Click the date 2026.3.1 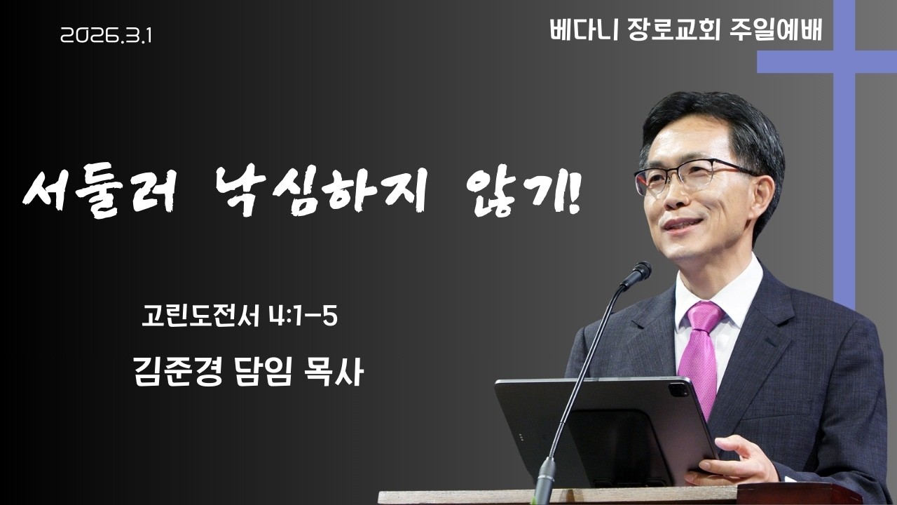pyautogui.click(x=106, y=36)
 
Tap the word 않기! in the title pyautogui.click(x=519, y=189)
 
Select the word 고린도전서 pyautogui.click(x=202, y=316)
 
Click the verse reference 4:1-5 pyautogui.click(x=303, y=316)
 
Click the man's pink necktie pyautogui.click(x=701, y=351)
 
